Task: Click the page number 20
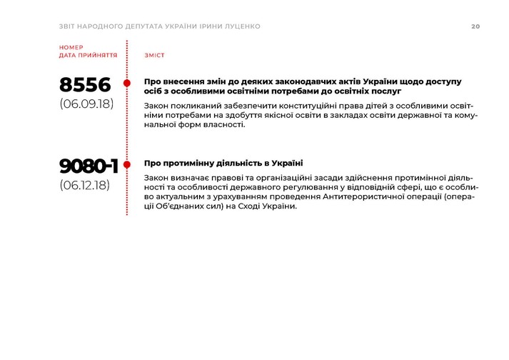(x=475, y=26)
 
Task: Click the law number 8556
(x=86, y=85)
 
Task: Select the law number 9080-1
(x=89, y=166)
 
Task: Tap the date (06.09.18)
(x=86, y=104)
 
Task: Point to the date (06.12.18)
(x=85, y=185)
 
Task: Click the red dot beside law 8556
(x=127, y=83)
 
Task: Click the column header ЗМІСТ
(x=154, y=55)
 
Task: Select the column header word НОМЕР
(x=71, y=47)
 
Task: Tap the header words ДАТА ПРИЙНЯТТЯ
(x=89, y=55)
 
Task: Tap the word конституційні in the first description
(x=276, y=105)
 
